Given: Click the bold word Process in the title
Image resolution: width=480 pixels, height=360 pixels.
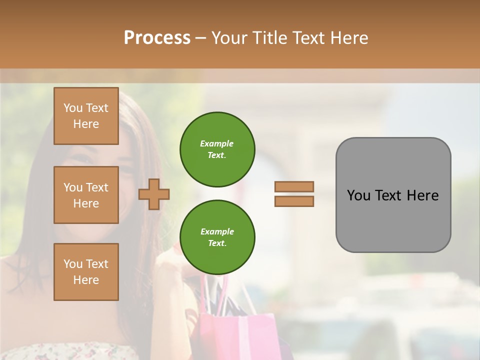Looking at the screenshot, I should (x=157, y=37).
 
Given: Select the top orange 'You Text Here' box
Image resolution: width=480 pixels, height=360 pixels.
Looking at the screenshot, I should (x=86, y=116).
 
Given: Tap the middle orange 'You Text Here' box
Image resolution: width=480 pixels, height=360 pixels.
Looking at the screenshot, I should (x=86, y=195).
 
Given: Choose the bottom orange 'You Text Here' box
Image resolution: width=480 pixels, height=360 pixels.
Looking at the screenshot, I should (x=86, y=272).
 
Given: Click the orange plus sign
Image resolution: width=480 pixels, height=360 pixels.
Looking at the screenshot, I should (x=153, y=194).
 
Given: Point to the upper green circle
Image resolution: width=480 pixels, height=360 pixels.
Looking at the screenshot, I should (x=217, y=149).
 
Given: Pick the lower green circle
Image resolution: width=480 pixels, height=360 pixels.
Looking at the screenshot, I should (x=217, y=237).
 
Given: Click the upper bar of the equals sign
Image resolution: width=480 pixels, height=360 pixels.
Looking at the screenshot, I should (x=294, y=186).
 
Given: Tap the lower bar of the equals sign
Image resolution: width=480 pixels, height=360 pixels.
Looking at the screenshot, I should (x=294, y=201).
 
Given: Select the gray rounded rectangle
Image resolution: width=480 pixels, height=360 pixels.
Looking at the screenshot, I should (x=393, y=195).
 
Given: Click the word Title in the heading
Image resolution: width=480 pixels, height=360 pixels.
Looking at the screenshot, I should (x=271, y=37).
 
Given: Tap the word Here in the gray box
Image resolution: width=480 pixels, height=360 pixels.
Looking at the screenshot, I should (x=422, y=195).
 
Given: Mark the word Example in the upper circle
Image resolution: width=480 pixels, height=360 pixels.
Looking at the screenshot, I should (x=216, y=143).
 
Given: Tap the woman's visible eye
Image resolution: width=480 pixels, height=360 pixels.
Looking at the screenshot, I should (x=80, y=160).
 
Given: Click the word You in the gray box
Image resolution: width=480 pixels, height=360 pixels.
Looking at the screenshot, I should (x=359, y=195).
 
